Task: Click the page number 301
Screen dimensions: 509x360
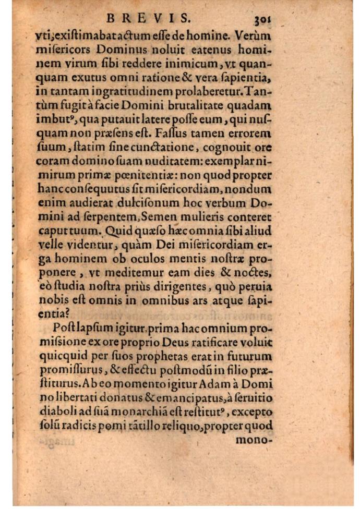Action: pos(264,19)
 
